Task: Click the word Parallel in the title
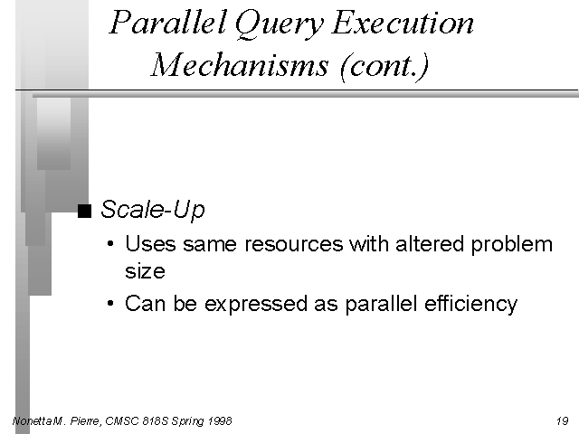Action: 167,22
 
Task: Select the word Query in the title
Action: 279,24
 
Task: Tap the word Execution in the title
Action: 403,23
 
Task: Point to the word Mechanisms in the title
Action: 239,65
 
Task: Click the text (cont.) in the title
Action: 384,66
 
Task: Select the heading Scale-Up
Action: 153,210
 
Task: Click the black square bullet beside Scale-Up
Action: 84,211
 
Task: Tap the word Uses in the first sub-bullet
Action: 150,244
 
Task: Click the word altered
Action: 430,244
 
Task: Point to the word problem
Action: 512,245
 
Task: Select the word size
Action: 145,271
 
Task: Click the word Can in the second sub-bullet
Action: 145,304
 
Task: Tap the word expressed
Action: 256,304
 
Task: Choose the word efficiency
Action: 470,304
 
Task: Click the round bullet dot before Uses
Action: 110,243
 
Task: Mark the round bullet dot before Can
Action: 110,304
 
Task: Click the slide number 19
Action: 563,420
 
